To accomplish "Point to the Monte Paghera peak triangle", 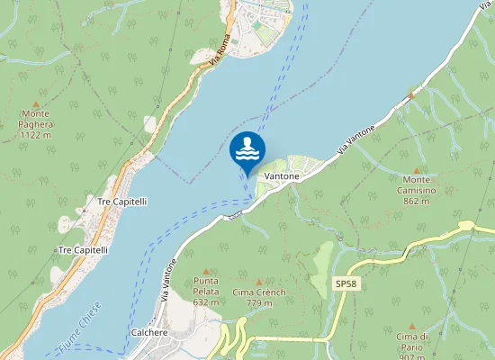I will (36, 103).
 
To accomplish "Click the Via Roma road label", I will (219, 49).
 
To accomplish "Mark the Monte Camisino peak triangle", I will (416, 169).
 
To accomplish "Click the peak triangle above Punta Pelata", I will (207, 270).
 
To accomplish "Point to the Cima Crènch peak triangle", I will (259, 282).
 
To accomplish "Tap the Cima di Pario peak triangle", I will (412, 326).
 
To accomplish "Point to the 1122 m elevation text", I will (37, 135).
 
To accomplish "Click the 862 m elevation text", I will (415, 202).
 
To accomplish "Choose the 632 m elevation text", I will (207, 302).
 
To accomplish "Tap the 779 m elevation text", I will (259, 303).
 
